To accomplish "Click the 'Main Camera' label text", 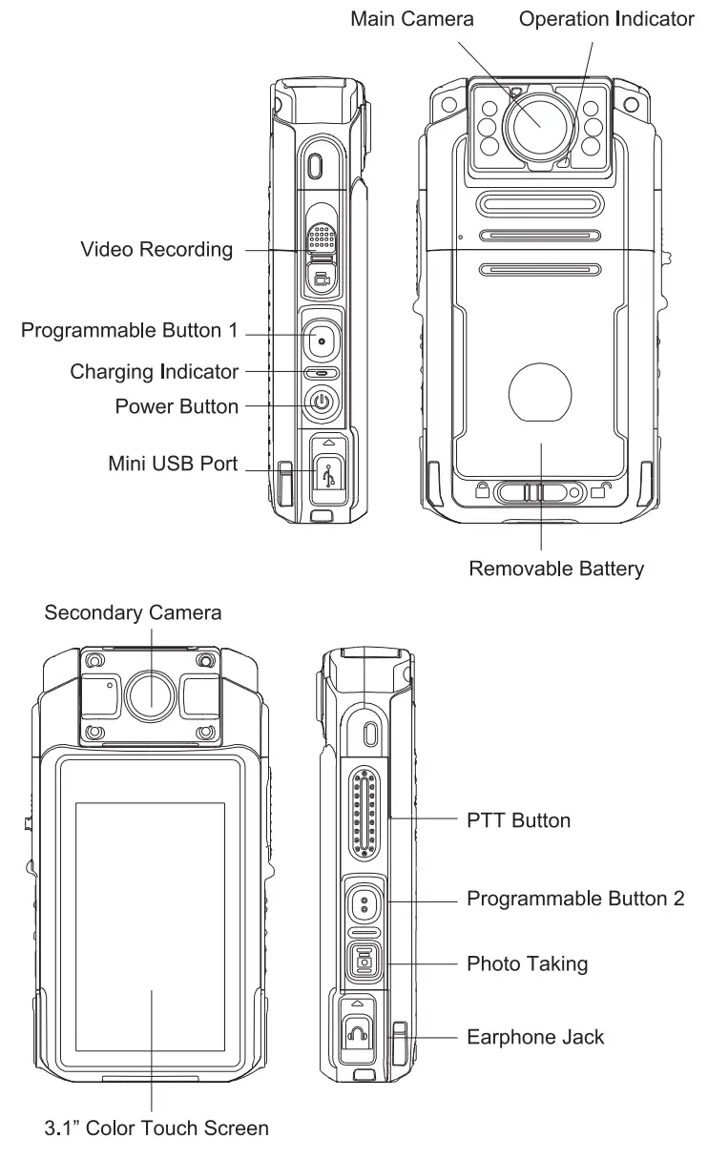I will (x=411, y=19).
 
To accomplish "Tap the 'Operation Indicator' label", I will (x=606, y=19).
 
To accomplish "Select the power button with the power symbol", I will (x=323, y=403).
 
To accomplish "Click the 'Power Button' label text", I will (x=177, y=406).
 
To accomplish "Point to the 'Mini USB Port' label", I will (x=173, y=466).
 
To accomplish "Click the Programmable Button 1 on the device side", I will (x=323, y=340).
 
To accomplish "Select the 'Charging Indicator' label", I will (x=154, y=371).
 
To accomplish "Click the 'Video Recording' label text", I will (x=156, y=250).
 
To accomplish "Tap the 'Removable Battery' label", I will (x=556, y=569).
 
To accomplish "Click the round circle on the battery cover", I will (x=540, y=391).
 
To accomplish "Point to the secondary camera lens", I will (x=151, y=693).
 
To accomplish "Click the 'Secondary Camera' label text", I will (x=133, y=612).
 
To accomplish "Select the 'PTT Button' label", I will (x=519, y=819).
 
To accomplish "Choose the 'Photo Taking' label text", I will (x=527, y=963).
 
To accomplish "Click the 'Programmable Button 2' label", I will (x=574, y=899).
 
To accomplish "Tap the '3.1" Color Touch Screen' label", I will (x=156, y=1128).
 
